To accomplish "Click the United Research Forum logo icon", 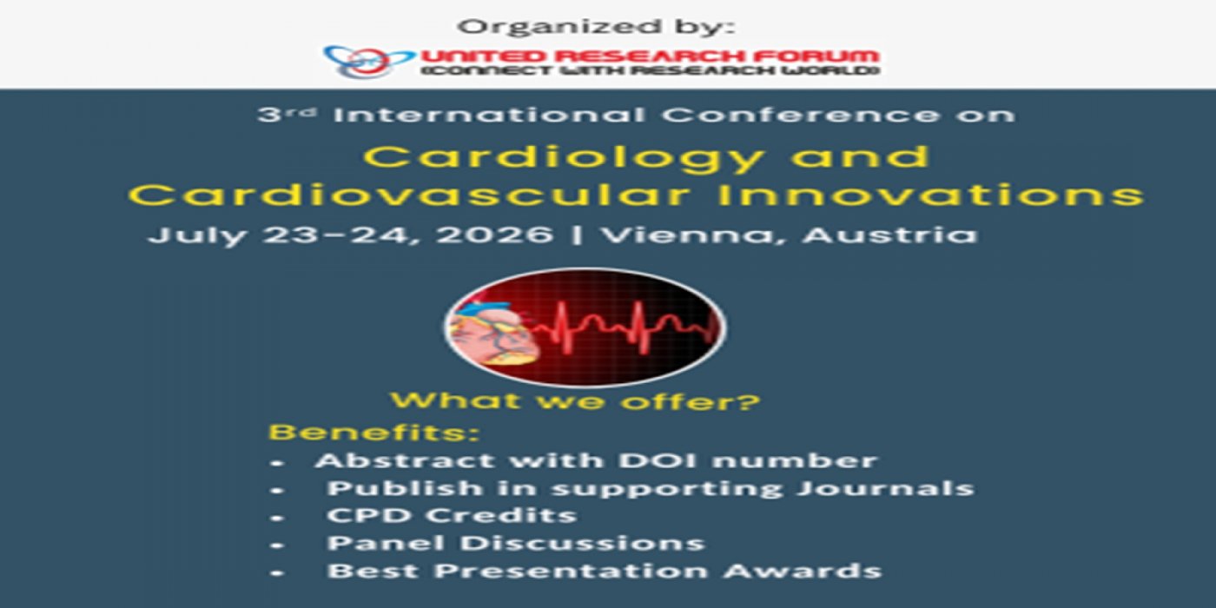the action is pos(368,61).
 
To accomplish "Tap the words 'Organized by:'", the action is pos(596,27).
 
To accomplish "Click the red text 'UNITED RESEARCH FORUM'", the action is pos(650,56).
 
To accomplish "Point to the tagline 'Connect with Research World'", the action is pos(650,71).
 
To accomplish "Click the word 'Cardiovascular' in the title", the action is pos(409,195).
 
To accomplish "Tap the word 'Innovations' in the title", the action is pos(930,195).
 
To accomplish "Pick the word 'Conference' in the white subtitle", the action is pos(800,115).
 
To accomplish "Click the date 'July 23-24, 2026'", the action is pos(350,235).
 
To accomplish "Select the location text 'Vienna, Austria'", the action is pos(790,235).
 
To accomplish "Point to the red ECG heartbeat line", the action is pos(625,327).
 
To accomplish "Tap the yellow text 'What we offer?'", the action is pos(575,401).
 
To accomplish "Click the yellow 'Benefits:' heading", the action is pos(374,433).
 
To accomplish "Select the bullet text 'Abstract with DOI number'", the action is pos(596,461).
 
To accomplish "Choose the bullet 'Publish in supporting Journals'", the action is pos(651,488).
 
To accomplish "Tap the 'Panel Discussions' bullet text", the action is pos(516,544).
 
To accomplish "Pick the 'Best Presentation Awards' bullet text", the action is pos(605,572).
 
